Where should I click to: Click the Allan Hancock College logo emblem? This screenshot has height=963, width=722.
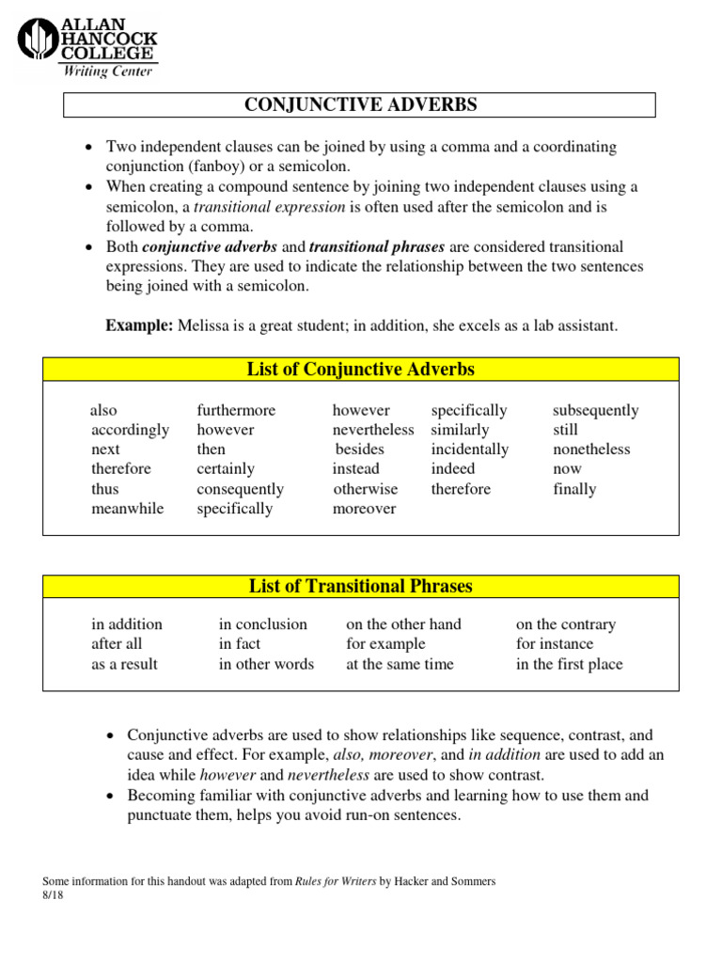[x=38, y=41]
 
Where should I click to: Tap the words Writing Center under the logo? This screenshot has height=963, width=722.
[x=107, y=71]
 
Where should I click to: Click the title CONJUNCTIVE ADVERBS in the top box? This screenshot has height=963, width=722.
[x=360, y=105]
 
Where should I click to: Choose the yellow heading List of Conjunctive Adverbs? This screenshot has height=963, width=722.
[x=360, y=370]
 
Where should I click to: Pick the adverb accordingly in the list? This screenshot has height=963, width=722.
[x=130, y=430]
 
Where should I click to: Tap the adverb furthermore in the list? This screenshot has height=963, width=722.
[x=236, y=410]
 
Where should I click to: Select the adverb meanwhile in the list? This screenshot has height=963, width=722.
[x=127, y=509]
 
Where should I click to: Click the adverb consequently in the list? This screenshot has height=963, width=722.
[x=240, y=489]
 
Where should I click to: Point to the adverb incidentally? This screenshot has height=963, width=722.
[x=469, y=450]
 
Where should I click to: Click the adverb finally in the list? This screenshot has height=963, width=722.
[x=574, y=489]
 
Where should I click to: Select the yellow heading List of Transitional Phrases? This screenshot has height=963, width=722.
[x=360, y=587]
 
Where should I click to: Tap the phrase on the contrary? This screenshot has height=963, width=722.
[x=565, y=624]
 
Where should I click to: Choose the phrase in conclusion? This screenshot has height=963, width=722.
[x=262, y=624]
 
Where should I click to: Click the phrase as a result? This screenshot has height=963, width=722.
[x=124, y=664]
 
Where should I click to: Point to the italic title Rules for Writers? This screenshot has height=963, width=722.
[x=336, y=881]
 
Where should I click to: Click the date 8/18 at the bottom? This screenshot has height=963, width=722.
[x=54, y=895]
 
